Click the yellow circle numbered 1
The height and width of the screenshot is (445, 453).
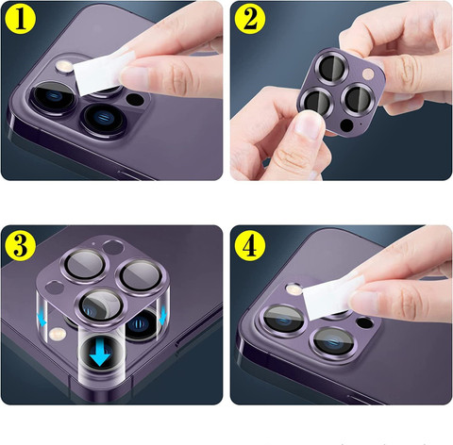point(21,19)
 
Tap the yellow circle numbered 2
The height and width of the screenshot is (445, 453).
point(250,19)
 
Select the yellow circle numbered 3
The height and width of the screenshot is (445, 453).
point(21,246)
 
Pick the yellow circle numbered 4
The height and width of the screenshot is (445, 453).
point(250,246)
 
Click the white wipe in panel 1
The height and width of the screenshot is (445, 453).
point(102,73)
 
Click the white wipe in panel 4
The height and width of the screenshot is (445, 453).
point(331,297)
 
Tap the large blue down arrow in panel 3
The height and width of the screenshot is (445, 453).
point(100,354)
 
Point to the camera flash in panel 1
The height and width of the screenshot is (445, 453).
point(63,66)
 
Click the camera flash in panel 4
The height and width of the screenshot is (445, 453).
point(294,289)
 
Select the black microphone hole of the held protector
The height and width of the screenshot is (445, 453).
point(347,125)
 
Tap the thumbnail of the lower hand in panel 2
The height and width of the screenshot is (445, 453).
point(306,124)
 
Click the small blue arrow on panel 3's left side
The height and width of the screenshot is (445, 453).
point(42,319)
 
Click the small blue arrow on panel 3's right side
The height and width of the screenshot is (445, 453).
point(162,316)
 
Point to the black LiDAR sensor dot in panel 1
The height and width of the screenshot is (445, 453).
point(135,99)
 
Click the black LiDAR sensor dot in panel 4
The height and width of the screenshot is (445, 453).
point(365,322)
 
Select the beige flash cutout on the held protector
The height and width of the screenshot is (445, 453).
point(367,74)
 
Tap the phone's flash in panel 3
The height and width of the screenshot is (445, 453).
point(57,334)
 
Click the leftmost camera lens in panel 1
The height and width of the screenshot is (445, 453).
point(54,96)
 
